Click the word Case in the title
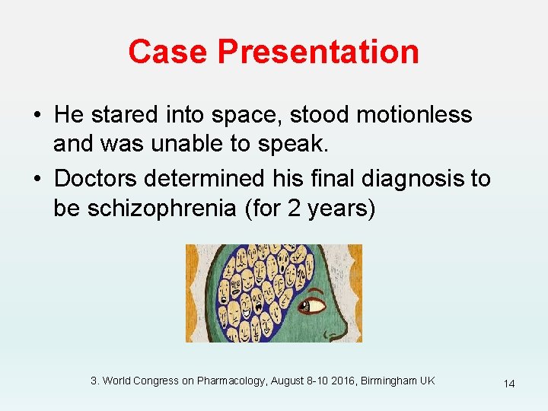tap(167, 52)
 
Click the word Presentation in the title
tap(318, 52)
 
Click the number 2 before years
tap(295, 209)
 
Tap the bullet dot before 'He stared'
tap(37, 116)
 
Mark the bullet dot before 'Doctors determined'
tap(37, 180)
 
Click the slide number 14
tap(508, 384)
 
